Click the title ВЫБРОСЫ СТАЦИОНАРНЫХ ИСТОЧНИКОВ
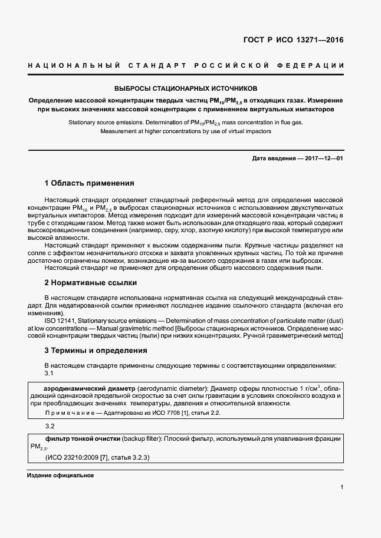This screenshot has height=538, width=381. click(x=190, y=88)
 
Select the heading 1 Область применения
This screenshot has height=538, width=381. click(x=90, y=183)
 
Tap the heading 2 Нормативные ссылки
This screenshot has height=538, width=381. click(x=87, y=283)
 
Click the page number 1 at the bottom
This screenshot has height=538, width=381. click(x=342, y=487)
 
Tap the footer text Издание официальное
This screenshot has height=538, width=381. click(x=61, y=475)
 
